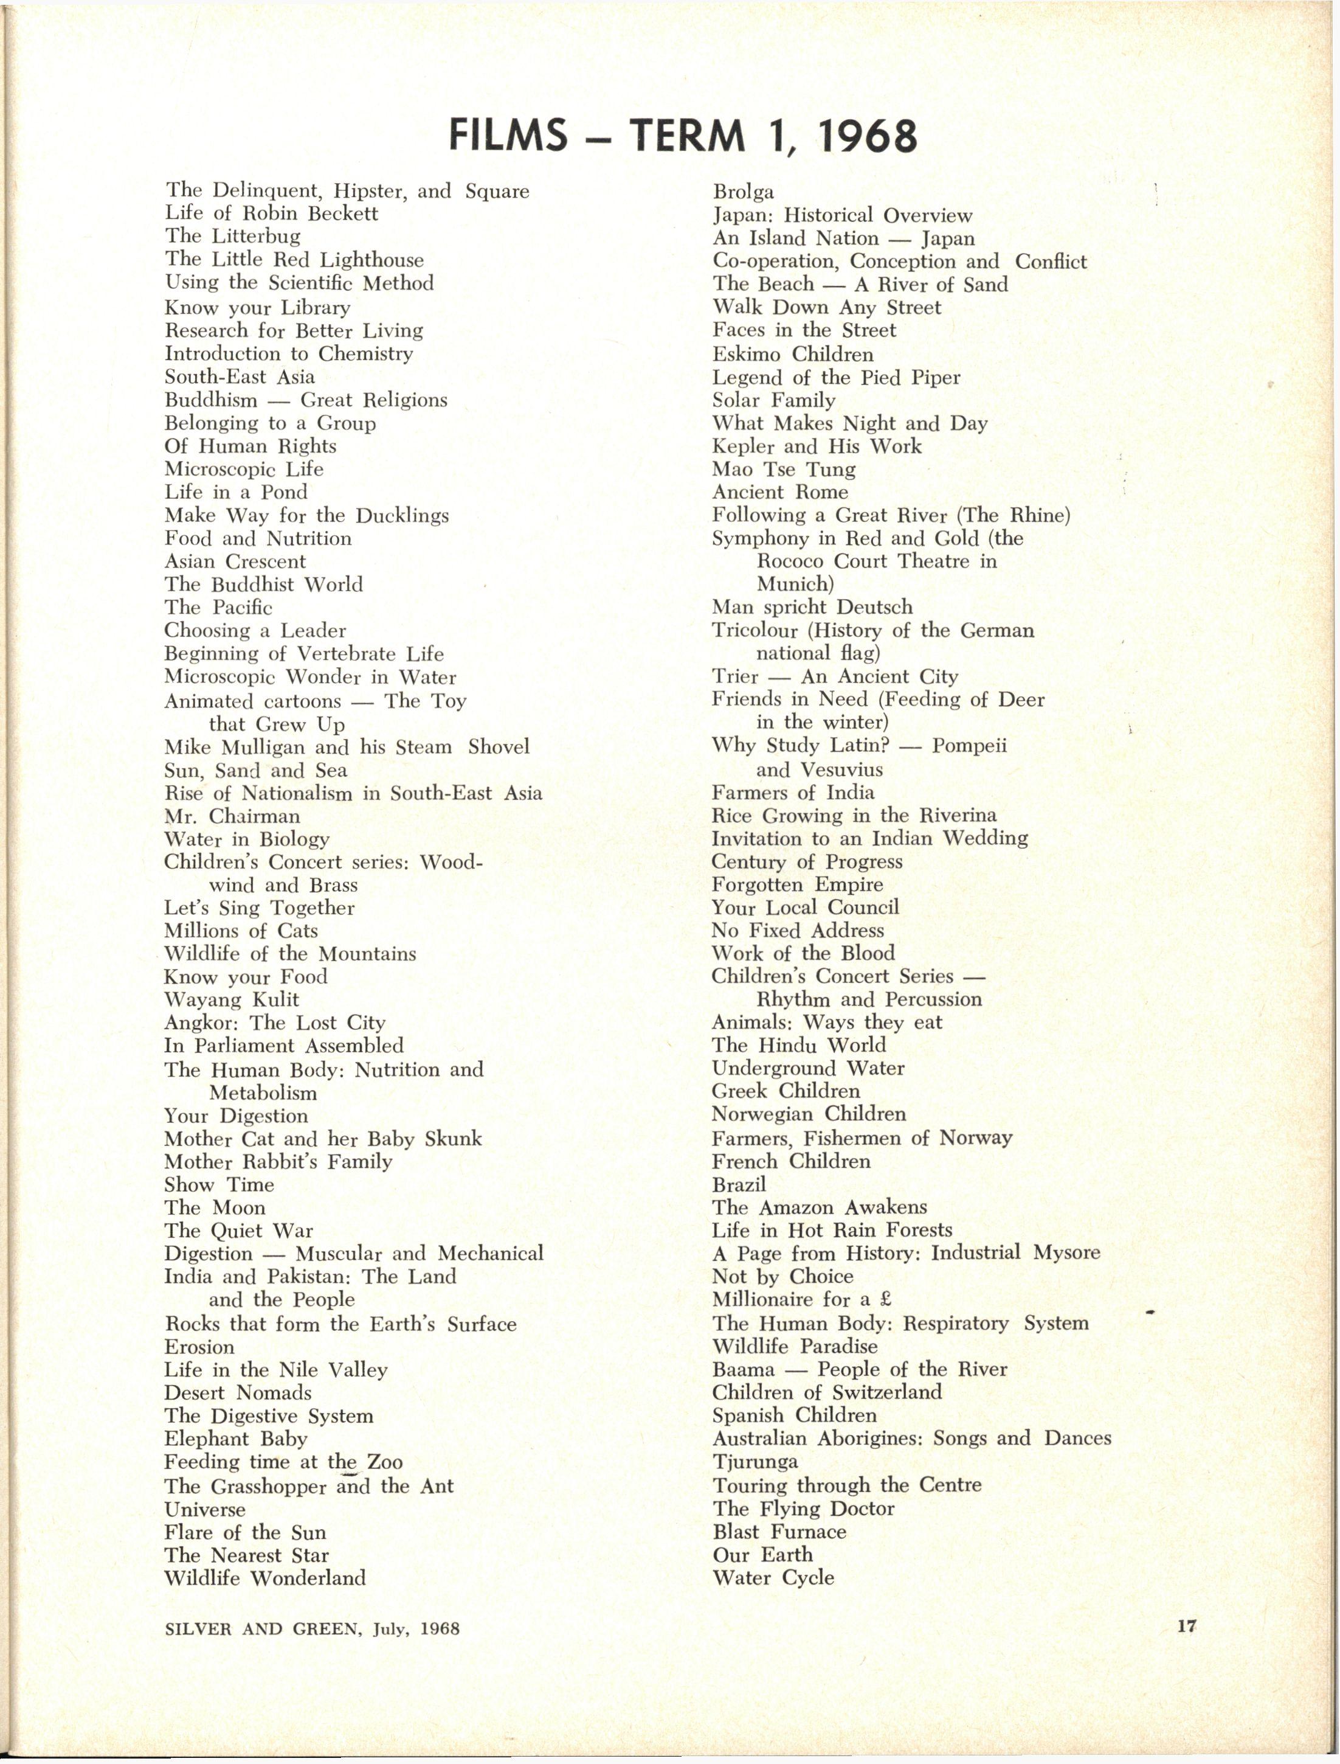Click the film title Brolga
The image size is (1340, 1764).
[742, 192]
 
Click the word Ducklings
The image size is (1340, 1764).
[402, 515]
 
